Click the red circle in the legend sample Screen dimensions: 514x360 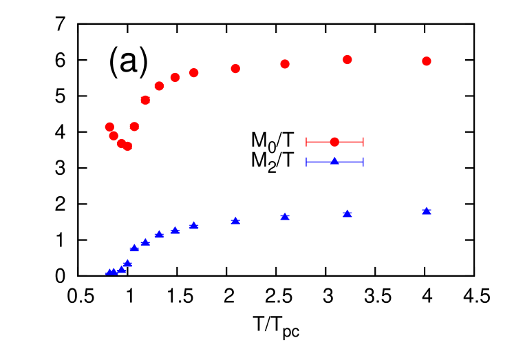[x=334, y=142]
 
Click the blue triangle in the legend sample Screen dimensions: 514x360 [x=334, y=161]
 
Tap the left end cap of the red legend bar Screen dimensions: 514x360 [x=306, y=142]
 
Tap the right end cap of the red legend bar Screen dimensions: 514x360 [x=363, y=142]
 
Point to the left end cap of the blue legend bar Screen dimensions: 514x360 [x=306, y=162]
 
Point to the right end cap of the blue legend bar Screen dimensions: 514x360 [x=363, y=162]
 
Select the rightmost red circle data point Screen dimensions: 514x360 [x=427, y=61]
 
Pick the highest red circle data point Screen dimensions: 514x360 [x=347, y=60]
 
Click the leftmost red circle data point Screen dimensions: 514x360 [x=109, y=127]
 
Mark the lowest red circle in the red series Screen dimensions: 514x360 [x=127, y=146]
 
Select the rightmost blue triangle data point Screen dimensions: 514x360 [x=427, y=211]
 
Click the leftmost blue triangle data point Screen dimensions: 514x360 [x=109, y=272]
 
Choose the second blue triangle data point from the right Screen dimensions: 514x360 [x=347, y=213]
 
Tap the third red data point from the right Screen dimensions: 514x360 [x=285, y=64]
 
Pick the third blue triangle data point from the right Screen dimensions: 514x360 [x=285, y=216]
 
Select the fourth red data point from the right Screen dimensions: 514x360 [x=235, y=69]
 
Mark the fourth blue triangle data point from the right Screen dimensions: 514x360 [x=235, y=220]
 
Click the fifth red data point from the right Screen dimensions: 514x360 [x=194, y=73]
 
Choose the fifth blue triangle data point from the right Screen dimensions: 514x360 [x=194, y=225]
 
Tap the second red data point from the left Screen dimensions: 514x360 [x=114, y=136]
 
